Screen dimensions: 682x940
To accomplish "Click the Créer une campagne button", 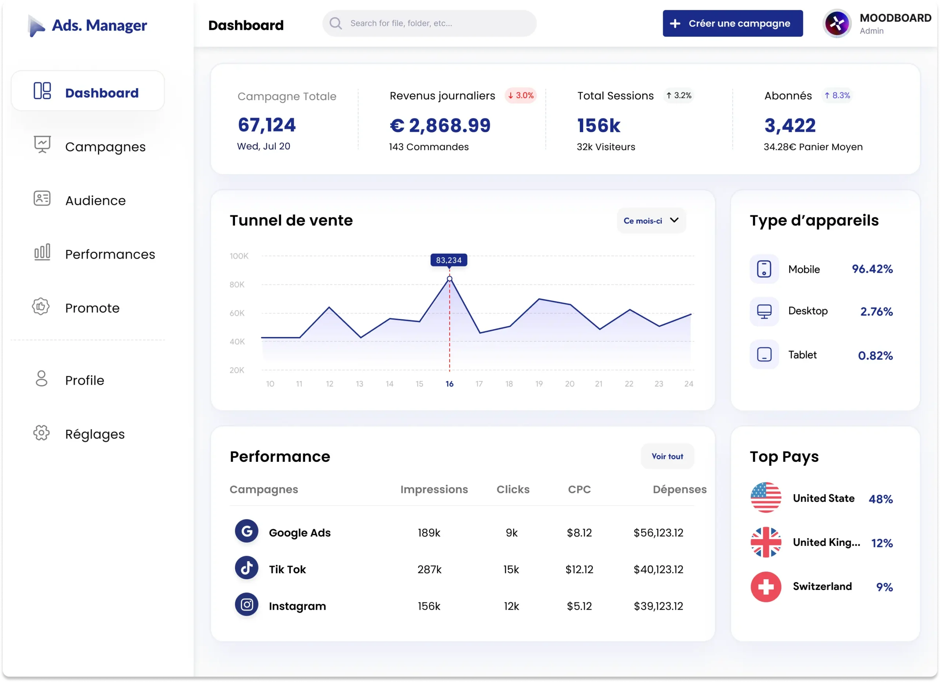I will point(732,23).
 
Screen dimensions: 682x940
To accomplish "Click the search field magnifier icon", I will point(336,23).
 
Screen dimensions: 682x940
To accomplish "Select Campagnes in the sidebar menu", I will point(105,147).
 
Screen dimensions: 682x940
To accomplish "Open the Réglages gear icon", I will point(41,433).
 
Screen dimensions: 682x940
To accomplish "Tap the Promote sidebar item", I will point(92,308).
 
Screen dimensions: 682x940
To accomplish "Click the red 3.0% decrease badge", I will point(521,96).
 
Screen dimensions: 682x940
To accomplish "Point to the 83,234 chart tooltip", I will point(448,260).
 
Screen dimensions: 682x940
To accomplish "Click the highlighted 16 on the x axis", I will point(449,384).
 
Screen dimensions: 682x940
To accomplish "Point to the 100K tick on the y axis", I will point(239,256).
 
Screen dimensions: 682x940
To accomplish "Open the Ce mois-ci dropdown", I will point(651,221).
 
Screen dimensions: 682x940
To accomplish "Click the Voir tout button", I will point(667,456).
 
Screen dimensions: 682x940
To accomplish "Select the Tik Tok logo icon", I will point(247,568).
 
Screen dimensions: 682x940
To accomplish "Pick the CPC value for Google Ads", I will point(579,533).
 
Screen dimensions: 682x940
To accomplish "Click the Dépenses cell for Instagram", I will point(658,606).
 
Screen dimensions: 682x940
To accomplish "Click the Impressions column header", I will point(434,489).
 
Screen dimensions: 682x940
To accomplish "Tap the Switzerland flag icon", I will point(766,587).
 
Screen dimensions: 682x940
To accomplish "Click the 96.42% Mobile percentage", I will point(872,269).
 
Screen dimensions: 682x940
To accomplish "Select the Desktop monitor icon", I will point(764,311).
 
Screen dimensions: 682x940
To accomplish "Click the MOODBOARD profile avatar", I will point(837,23).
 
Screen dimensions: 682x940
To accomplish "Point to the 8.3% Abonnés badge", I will point(837,96).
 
